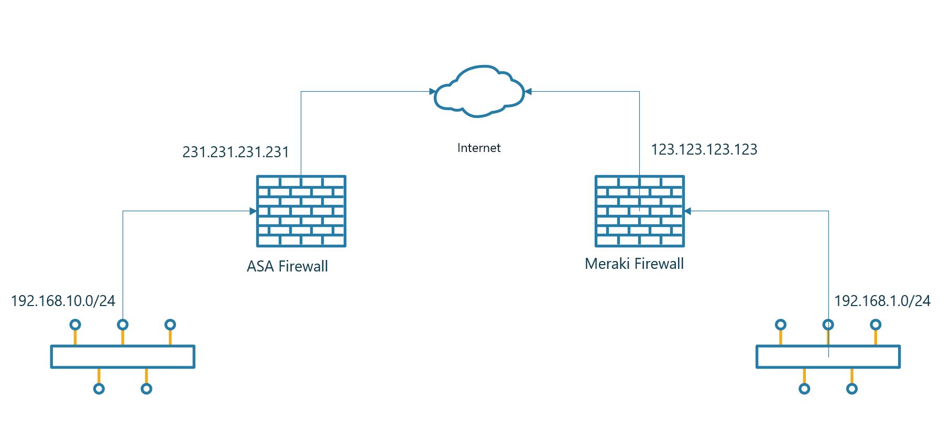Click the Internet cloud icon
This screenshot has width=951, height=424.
tap(479, 91)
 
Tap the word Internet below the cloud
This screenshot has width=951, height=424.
tap(478, 148)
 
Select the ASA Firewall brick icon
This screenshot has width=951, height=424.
tap(301, 211)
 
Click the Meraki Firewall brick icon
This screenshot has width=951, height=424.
tap(639, 211)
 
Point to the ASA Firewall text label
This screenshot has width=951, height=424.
tap(287, 266)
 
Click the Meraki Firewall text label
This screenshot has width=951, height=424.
tap(634, 264)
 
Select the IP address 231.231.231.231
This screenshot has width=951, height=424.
tap(235, 152)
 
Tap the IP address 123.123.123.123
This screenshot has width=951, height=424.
tap(704, 150)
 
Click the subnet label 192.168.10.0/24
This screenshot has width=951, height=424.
tap(63, 301)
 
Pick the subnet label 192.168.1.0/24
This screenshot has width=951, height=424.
tap(882, 301)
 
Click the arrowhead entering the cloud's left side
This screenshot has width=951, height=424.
tap(433, 92)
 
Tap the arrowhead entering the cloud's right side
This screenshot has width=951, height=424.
tap(528, 92)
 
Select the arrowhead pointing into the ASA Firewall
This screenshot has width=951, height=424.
tap(253, 211)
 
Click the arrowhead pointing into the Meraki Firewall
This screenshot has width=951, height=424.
tap(688, 211)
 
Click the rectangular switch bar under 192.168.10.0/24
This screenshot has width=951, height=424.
tap(123, 357)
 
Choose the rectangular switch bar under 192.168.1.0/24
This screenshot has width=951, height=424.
tap(828, 357)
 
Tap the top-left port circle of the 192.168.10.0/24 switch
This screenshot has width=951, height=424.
tap(75, 325)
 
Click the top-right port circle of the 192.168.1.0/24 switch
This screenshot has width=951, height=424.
tap(876, 325)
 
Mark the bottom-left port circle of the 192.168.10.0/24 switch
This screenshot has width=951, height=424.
tap(99, 389)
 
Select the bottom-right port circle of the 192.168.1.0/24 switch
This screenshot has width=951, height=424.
tap(852, 389)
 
